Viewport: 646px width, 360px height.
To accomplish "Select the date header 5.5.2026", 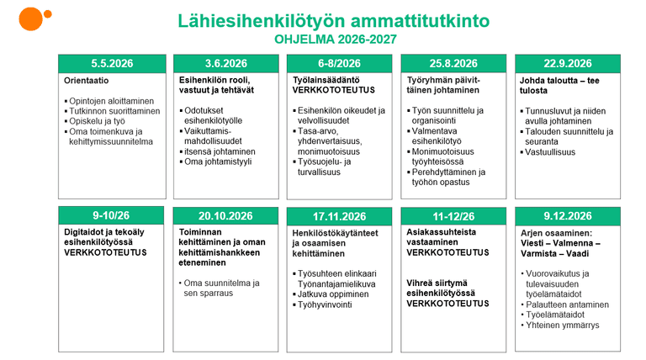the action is click(110, 64).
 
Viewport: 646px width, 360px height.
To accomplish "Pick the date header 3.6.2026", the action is click(225, 64).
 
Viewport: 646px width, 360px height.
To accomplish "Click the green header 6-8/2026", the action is click(339, 64).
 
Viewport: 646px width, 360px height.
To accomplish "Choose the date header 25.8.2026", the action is click(453, 64).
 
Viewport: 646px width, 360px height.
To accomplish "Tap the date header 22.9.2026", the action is click(568, 64).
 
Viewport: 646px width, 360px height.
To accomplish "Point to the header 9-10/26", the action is click(110, 216).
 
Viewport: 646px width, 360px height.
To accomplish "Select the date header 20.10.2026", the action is click(225, 216).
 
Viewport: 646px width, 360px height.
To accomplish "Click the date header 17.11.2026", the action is click(339, 216).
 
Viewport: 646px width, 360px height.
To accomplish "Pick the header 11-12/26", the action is click(453, 216).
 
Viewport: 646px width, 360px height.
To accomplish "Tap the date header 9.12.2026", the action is click(568, 216).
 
